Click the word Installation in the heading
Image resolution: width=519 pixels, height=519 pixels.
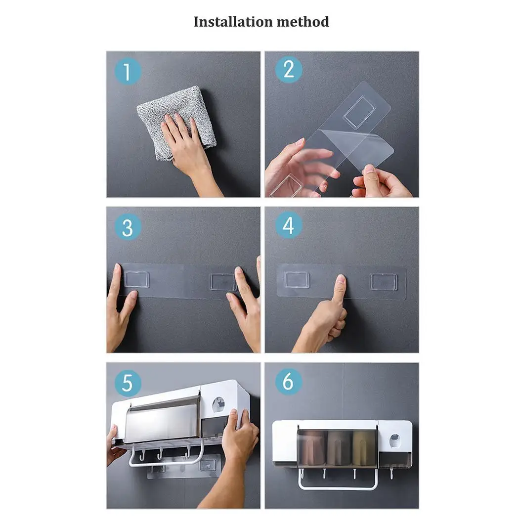click(233, 22)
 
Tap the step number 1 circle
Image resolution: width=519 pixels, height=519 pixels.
click(128, 71)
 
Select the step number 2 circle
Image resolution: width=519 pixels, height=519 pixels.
click(289, 70)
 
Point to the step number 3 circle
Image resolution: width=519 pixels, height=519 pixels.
click(128, 227)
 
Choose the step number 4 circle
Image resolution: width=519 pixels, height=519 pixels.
click(289, 225)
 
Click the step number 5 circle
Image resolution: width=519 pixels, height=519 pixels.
click(128, 383)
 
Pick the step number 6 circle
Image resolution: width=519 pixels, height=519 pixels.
click(289, 381)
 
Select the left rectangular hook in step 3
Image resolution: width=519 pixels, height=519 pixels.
click(136, 279)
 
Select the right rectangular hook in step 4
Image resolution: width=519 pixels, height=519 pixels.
click(384, 282)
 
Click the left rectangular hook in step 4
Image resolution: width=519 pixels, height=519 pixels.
click(297, 280)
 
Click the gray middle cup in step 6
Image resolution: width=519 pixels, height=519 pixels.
click(338, 448)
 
